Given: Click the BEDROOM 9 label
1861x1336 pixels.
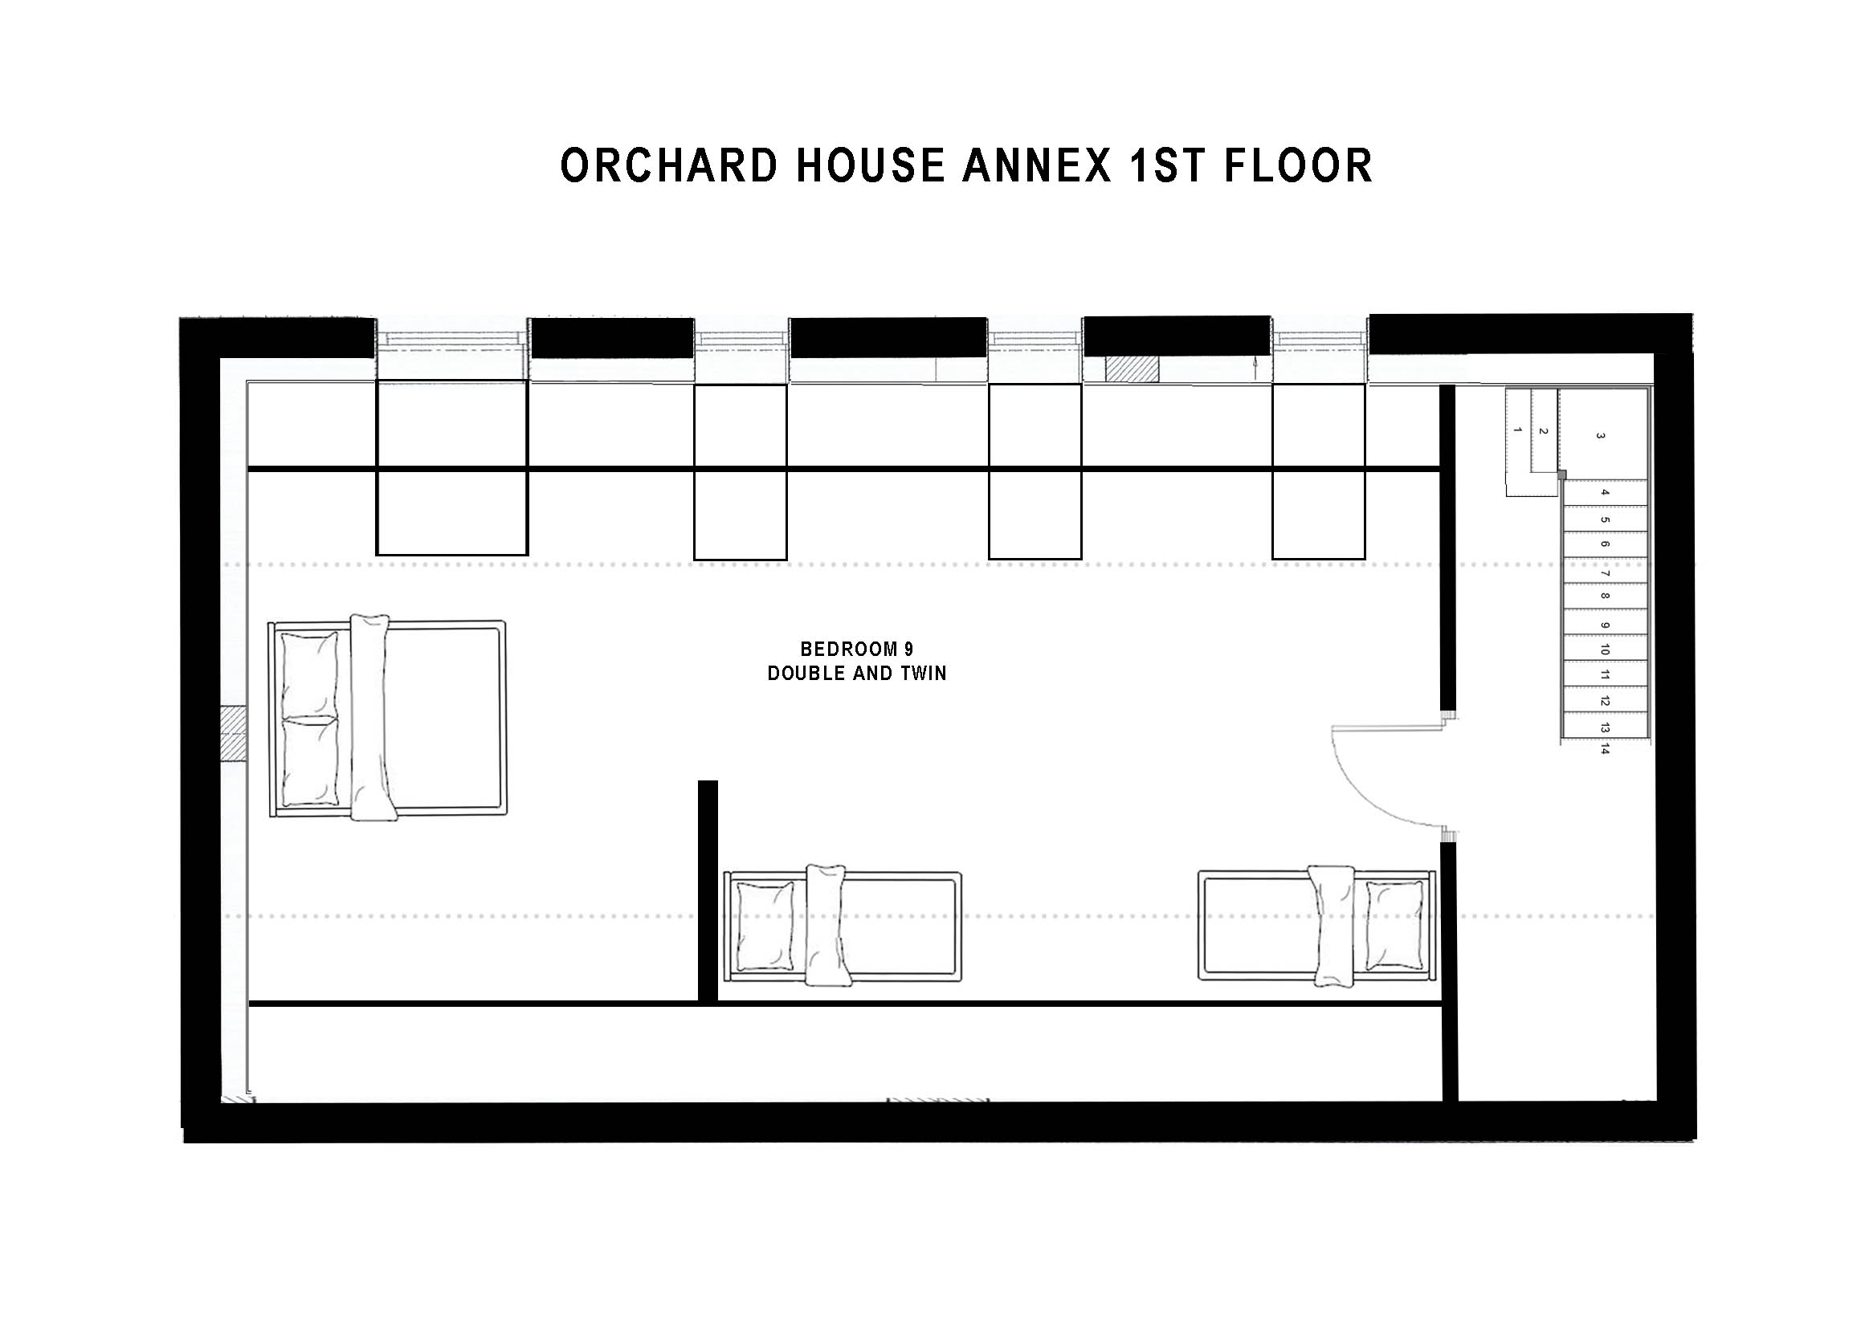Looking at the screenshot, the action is coord(857,650).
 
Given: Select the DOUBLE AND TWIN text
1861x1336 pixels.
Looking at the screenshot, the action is coord(857,674).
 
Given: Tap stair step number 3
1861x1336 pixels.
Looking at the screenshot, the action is coord(1601,436).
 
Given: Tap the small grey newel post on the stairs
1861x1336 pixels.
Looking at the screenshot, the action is coord(1561,474).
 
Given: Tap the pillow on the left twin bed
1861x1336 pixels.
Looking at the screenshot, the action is coord(765,926).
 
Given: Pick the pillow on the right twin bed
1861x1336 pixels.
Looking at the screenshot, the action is coord(1394,926).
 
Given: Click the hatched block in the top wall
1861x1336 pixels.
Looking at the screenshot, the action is coord(1133,369).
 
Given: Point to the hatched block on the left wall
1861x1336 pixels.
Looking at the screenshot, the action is coord(234,735).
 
